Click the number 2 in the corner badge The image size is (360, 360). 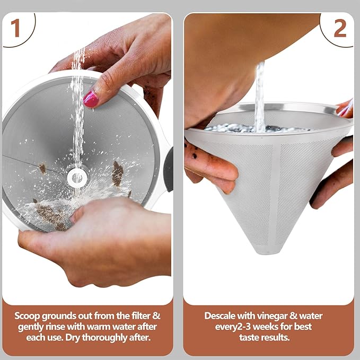pyautogui.click(x=339, y=29)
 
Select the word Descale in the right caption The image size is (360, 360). pyautogui.click(x=220, y=315)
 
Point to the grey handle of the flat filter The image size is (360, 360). pyautogui.click(x=169, y=160)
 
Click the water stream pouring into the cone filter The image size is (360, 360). pyautogui.click(x=259, y=95)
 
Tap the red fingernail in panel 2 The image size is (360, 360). pyautogui.click(x=344, y=110)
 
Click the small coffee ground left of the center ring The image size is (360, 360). pyautogui.click(x=42, y=168)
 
